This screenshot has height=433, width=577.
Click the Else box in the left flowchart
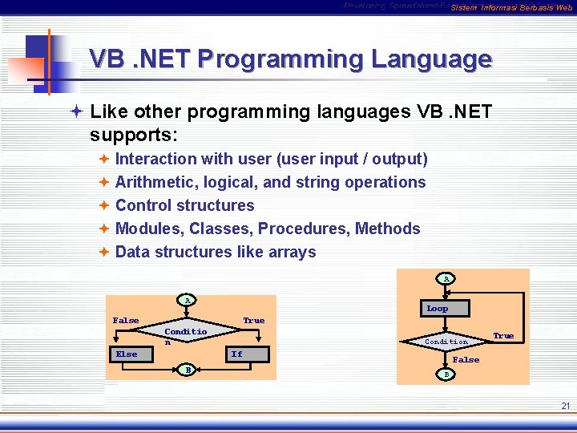click(x=126, y=354)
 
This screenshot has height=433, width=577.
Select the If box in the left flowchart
click(x=236, y=354)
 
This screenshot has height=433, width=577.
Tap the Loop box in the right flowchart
click(x=438, y=308)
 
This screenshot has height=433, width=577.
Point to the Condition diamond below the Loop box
click(x=446, y=342)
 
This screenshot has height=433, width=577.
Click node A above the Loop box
click(x=446, y=278)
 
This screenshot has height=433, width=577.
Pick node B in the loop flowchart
click(x=446, y=374)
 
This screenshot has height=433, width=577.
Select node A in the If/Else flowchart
click(x=188, y=301)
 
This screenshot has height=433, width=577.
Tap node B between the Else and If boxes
click(x=188, y=370)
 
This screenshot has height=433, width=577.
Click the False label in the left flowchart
click(x=126, y=320)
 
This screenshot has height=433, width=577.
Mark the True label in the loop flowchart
click(x=503, y=336)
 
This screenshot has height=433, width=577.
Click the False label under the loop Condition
click(x=466, y=360)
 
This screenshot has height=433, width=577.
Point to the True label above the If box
click(x=254, y=320)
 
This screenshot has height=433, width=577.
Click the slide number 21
click(x=565, y=407)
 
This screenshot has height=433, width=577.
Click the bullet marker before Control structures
click(x=104, y=205)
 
